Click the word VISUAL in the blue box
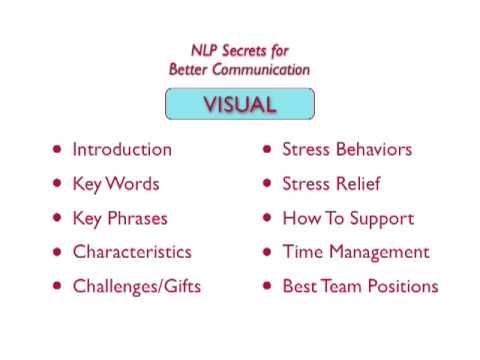pos(240,104)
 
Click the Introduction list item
pos(122,150)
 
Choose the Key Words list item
pos(116,184)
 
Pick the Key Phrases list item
pos(120,218)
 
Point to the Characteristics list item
pos(132,252)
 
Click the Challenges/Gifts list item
pos(137,286)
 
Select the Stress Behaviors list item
pos(347,150)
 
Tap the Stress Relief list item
pos(331,184)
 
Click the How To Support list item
pos(348,218)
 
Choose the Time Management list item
pos(356,252)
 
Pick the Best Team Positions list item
pos(360,286)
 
